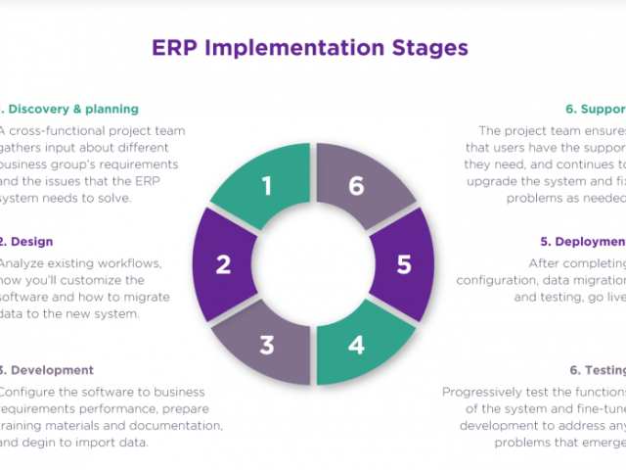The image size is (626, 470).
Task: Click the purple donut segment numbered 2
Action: pos(224,263)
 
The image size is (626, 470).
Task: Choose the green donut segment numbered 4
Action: pos(357,344)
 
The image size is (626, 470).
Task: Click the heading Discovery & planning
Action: pos(73,109)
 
